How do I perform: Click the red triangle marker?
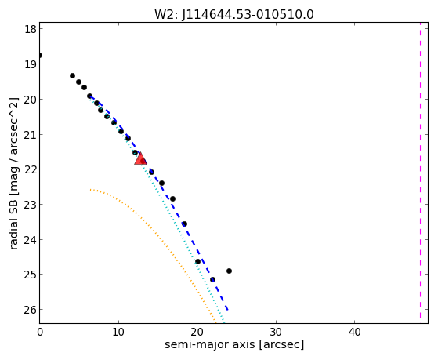click(140, 158)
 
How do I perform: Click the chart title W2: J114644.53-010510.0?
click(234, 15)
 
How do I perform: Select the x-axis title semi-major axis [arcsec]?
click(234, 344)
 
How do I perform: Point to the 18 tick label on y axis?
click(31, 29)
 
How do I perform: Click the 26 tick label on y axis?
click(31, 310)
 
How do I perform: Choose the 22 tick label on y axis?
click(31, 169)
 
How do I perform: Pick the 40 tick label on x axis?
click(354, 332)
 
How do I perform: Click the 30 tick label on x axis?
click(276, 332)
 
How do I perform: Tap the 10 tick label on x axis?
click(118, 332)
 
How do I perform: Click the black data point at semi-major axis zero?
click(40, 56)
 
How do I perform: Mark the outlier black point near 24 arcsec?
click(229, 271)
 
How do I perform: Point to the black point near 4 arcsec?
click(72, 75)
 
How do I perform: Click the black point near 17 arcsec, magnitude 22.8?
click(172, 199)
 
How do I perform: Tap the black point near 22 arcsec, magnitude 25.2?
click(212, 279)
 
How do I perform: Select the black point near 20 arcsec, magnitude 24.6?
click(197, 261)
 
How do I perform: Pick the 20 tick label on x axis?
click(197, 332)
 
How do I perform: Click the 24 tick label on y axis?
click(31, 240)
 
